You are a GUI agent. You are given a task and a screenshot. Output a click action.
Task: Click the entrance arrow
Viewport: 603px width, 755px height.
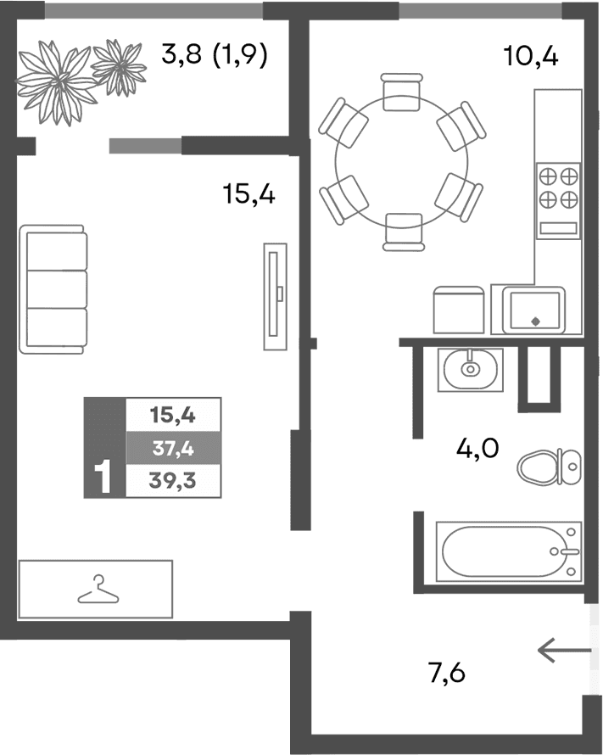(x=564, y=651)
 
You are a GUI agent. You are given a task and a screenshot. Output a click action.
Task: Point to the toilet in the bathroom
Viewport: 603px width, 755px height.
(x=548, y=464)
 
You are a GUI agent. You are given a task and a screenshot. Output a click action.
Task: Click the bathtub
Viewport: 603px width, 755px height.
(x=509, y=551)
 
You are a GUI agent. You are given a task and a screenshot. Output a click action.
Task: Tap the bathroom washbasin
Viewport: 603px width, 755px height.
(x=470, y=369)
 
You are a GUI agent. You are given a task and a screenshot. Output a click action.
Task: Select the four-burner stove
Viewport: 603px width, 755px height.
(x=558, y=187)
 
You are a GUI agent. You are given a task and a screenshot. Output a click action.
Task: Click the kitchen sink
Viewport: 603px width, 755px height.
(x=533, y=310)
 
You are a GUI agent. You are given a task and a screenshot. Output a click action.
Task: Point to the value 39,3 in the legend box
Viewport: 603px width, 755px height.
(x=173, y=480)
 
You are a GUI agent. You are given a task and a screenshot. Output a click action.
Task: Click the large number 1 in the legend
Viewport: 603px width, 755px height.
(x=104, y=478)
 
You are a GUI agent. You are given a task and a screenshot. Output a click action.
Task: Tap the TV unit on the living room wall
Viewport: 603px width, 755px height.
(x=272, y=294)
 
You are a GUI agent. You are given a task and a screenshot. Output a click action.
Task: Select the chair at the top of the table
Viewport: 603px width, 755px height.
(x=402, y=92)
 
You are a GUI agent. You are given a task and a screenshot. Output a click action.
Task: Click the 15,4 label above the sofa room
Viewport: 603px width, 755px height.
(x=249, y=195)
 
